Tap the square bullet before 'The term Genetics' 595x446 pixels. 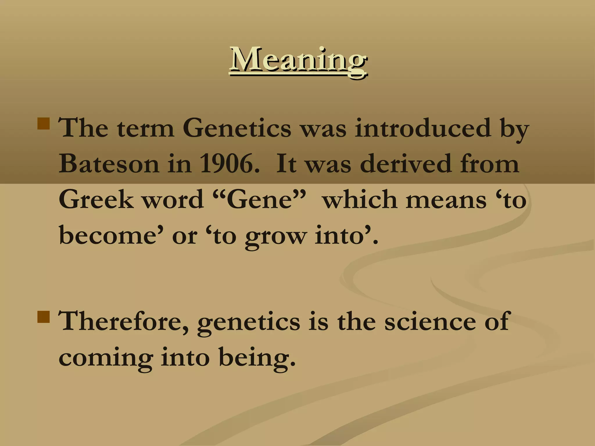44,123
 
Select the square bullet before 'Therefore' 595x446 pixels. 44,317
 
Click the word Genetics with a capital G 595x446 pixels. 236,128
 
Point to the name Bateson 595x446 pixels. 109,163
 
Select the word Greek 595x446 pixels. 96,199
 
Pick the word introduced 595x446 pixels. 422,128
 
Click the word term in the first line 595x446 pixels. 146,129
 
